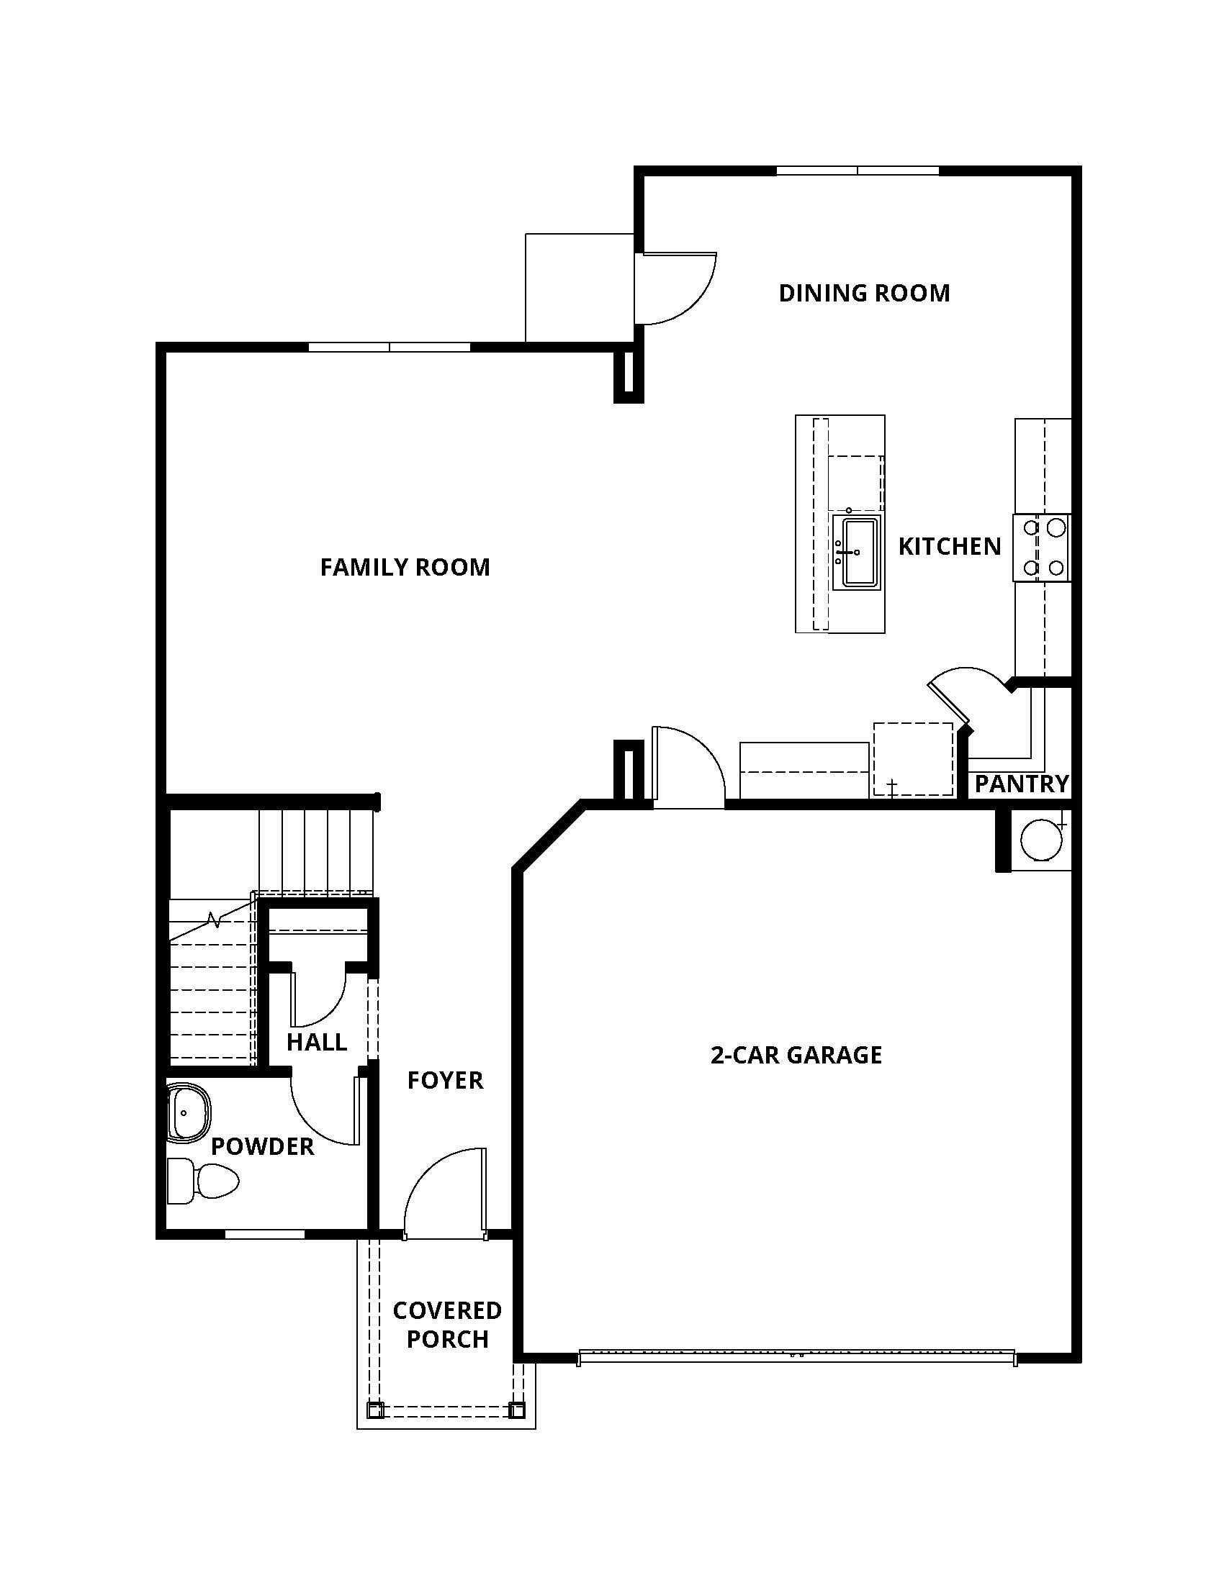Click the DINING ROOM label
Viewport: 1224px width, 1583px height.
pos(863,293)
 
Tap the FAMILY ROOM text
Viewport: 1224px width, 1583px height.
pos(405,567)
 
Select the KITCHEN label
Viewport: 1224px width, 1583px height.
pos(949,547)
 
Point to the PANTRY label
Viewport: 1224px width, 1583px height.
pos(1021,784)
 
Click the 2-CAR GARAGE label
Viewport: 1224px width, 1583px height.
pos(796,1055)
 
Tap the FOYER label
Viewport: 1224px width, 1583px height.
pos(444,1080)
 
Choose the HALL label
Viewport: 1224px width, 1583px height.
pos(316,1043)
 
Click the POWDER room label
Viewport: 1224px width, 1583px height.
pos(263,1146)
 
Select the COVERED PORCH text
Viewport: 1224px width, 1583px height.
pos(446,1325)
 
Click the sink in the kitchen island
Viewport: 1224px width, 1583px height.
pos(856,553)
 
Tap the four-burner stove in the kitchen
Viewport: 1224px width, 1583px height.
pos(1042,548)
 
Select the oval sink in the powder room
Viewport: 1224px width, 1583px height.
pos(189,1112)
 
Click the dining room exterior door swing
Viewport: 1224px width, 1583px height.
pos(675,289)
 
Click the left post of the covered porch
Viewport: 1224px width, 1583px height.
pos(375,1410)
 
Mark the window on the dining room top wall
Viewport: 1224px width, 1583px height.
pos(857,172)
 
